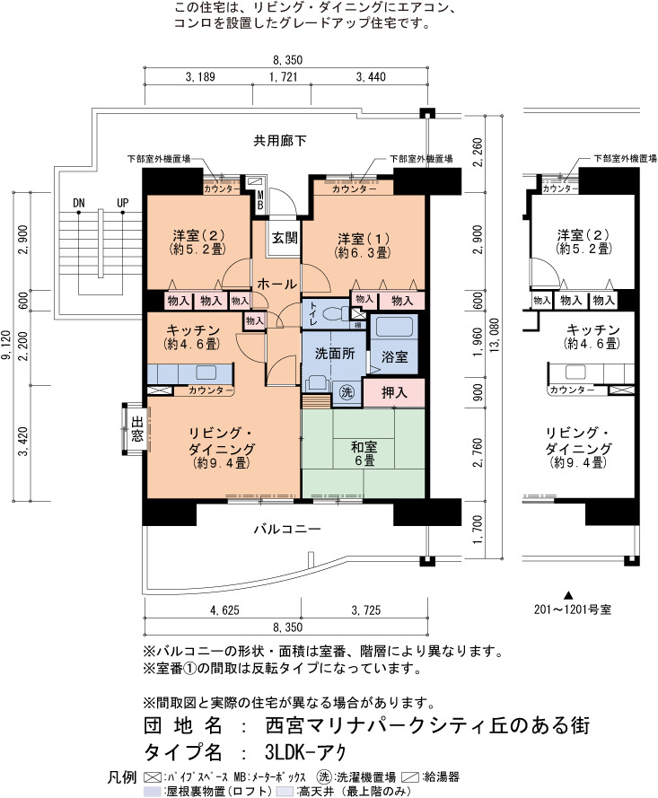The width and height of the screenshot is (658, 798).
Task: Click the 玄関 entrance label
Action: pyautogui.click(x=285, y=238)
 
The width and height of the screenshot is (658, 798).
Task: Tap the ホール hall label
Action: pyautogui.click(x=276, y=284)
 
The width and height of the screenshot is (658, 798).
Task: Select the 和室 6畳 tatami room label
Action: pyautogui.click(x=364, y=454)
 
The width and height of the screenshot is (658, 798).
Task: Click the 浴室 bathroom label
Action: pyautogui.click(x=394, y=356)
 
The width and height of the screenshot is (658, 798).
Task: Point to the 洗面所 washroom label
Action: pyautogui.click(x=334, y=353)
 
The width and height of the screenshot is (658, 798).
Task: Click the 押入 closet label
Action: pyautogui.click(x=394, y=392)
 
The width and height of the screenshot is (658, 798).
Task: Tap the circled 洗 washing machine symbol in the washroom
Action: pyautogui.click(x=347, y=392)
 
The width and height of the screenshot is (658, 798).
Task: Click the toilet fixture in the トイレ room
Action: pyautogui.click(x=336, y=311)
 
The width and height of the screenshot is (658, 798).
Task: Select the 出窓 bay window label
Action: pyautogui.click(x=136, y=428)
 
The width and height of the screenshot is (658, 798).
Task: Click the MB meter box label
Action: pyautogui.click(x=260, y=200)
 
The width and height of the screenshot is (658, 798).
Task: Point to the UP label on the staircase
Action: pyautogui.click(x=123, y=203)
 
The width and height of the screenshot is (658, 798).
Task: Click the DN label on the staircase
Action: pyautogui.click(x=78, y=203)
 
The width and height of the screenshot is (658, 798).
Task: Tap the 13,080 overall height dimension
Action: pyautogui.click(x=494, y=336)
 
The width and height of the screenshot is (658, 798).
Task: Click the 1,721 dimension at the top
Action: pyautogui.click(x=283, y=77)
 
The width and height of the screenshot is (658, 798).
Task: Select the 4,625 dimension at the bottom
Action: pyautogui.click(x=224, y=609)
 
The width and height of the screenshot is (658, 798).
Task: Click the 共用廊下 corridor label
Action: pyautogui.click(x=280, y=140)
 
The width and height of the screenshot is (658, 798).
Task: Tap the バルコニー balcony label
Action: pyautogui.click(x=287, y=530)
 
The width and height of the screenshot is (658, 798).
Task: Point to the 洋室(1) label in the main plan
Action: pyautogui.click(x=364, y=238)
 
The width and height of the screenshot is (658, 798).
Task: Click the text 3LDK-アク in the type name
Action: pyautogui.click(x=305, y=751)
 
